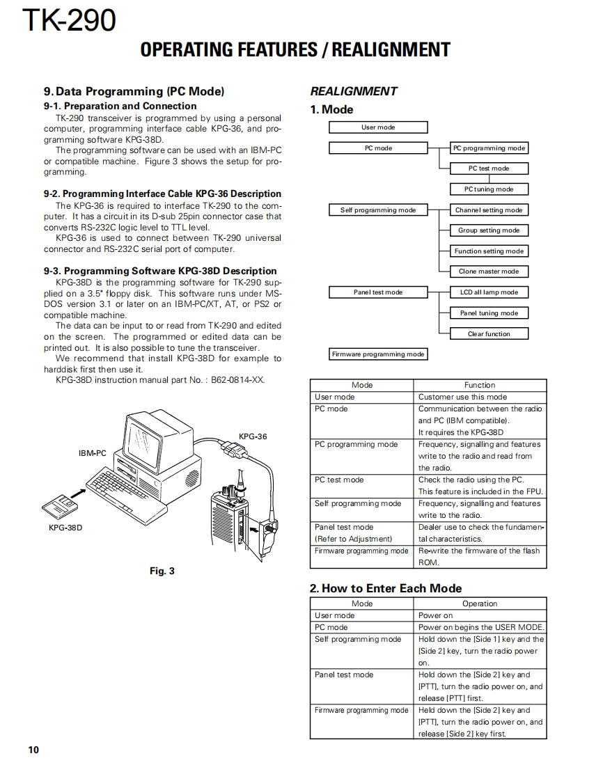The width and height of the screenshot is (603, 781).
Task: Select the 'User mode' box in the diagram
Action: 378,127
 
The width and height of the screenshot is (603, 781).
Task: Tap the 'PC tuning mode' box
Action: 489,189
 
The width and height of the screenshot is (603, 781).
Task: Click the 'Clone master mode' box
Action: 489,271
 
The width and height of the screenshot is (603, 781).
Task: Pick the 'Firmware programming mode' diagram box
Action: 378,354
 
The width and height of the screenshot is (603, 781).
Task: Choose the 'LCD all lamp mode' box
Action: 489,292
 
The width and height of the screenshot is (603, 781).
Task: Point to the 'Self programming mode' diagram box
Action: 378,210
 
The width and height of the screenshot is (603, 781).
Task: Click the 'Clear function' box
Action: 489,334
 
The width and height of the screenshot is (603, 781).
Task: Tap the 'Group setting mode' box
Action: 489,230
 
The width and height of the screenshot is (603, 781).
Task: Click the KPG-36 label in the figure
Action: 253,436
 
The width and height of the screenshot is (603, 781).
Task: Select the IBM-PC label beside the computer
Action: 92,453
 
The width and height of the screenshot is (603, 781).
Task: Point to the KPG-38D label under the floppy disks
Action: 65,528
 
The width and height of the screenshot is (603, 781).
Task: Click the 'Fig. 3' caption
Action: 162,571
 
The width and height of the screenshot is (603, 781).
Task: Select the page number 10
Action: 34,750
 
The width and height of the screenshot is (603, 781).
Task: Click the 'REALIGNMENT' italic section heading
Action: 354,91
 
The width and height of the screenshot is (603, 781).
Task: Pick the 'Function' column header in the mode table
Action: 480,385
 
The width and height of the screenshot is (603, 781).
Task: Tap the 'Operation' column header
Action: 480,603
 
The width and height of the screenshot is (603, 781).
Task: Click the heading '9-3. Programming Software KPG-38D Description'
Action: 160,271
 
